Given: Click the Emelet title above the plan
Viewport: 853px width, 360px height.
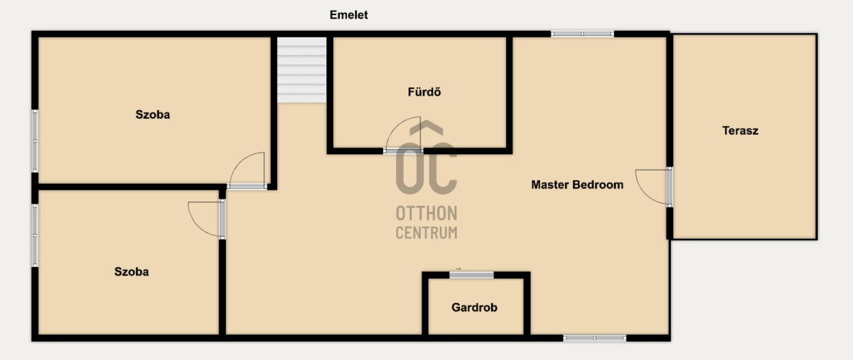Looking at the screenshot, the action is (348, 15).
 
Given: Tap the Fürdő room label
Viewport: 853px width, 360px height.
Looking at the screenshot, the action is (424, 92).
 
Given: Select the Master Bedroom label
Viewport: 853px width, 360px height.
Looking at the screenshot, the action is (577, 185).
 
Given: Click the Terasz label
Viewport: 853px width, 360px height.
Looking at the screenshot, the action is (741, 130).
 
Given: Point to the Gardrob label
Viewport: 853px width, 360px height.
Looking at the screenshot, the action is (474, 307).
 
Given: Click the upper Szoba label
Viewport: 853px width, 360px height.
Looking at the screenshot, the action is (153, 114).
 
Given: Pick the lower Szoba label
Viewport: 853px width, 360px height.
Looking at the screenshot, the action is (132, 272).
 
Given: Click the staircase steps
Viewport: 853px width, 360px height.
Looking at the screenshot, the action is (302, 70).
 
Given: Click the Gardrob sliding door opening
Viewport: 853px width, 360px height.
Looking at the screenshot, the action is (471, 274).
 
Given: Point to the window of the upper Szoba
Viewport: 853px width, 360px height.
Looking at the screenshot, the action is (35, 141).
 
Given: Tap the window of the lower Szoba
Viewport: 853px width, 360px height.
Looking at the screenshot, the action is (35, 235).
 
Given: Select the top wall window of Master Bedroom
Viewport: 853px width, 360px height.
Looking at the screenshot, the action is (582, 34).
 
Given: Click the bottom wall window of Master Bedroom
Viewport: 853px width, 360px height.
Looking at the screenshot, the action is (595, 338).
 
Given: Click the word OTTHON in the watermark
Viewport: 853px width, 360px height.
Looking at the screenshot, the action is (426, 213).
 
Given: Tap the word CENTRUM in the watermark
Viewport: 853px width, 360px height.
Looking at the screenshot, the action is (426, 233).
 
